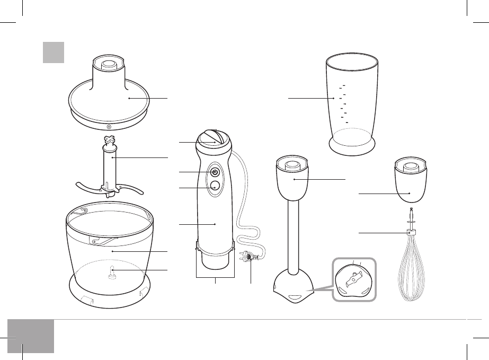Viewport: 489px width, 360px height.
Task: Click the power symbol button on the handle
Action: (x=215, y=172)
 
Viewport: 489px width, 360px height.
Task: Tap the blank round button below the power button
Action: (x=215, y=186)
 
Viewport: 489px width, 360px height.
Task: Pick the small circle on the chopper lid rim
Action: (x=108, y=127)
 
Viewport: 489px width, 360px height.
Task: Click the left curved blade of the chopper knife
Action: (x=87, y=189)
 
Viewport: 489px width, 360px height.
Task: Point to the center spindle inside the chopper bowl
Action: (x=111, y=273)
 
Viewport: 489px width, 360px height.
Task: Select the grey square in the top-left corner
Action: (x=54, y=52)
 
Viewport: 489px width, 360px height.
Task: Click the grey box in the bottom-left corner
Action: (x=31, y=335)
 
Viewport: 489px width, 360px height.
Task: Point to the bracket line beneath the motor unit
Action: (x=215, y=277)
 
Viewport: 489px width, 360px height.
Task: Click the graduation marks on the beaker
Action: (x=343, y=103)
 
